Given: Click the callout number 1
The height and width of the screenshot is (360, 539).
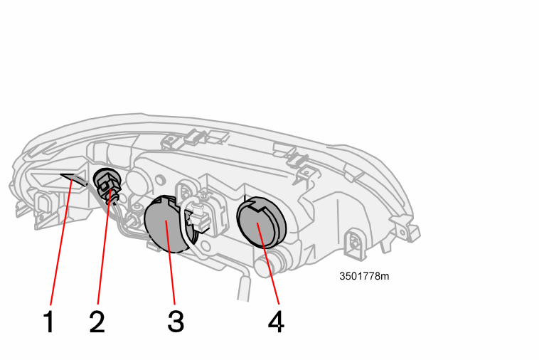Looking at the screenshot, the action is click(x=49, y=322).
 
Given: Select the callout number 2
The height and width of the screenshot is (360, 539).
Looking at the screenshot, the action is click(x=97, y=322).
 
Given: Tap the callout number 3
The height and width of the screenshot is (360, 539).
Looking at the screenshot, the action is click(x=176, y=322).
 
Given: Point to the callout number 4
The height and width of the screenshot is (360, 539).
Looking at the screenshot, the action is click(x=276, y=322).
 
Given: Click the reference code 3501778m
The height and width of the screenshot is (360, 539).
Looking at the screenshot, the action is click(x=364, y=276).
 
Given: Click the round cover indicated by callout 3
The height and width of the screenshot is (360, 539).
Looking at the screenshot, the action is click(x=164, y=224).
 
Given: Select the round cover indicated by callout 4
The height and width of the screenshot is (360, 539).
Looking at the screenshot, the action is click(x=261, y=222).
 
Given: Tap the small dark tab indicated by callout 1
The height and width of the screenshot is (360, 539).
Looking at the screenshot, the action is click(x=75, y=179).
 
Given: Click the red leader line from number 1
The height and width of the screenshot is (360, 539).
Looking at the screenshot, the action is click(x=61, y=242).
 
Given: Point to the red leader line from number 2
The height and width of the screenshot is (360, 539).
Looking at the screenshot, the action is click(x=104, y=247).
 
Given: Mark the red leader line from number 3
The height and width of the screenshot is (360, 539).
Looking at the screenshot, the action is click(x=171, y=263).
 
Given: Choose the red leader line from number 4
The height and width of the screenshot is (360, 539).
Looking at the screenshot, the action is click(x=268, y=264).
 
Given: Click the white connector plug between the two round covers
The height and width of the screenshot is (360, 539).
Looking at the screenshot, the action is click(x=199, y=217).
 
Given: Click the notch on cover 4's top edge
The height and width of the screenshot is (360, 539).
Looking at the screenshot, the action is click(x=258, y=206).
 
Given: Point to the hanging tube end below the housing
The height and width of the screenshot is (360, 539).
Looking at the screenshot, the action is click(x=244, y=289).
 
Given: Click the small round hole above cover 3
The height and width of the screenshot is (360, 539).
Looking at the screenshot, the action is click(x=159, y=179).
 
